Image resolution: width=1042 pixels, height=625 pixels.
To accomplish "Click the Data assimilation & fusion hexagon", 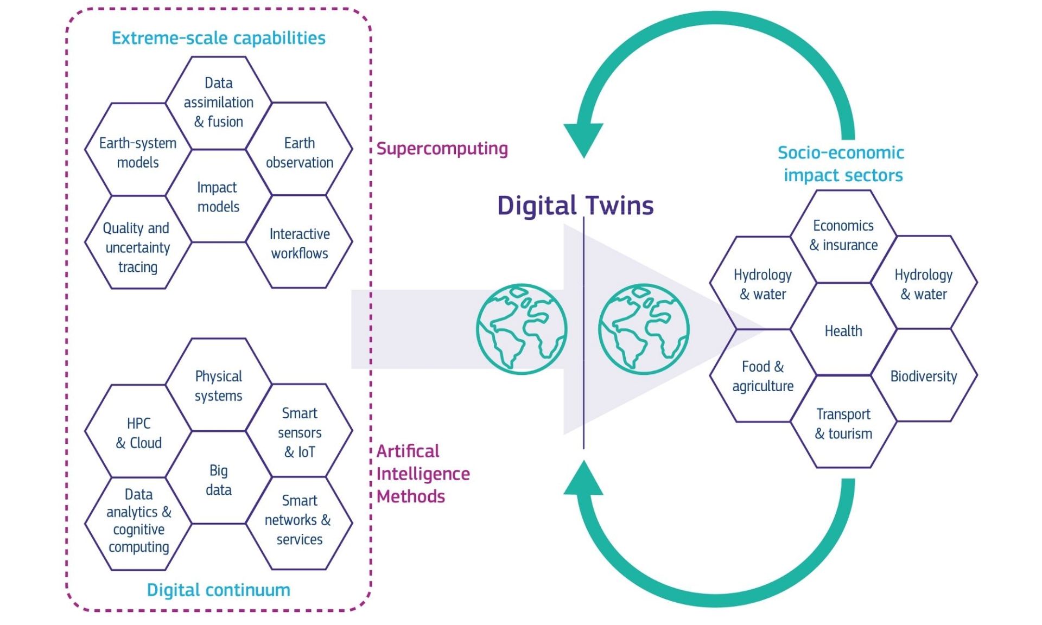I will [x=218, y=103].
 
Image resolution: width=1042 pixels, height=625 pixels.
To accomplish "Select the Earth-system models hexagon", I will [x=138, y=152].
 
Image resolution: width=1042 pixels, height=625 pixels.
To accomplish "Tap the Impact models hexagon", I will [x=218, y=196].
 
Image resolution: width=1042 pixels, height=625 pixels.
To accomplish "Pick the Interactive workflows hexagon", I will [x=299, y=243].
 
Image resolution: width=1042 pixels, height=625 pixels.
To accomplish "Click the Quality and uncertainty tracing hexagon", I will [x=138, y=247].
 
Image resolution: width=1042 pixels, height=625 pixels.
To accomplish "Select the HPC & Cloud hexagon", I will [x=138, y=432].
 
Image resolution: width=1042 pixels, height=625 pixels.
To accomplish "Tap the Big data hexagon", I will [x=218, y=479].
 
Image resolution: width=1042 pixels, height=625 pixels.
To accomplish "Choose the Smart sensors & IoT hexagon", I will [x=299, y=432].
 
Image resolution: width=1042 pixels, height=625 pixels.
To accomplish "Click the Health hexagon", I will [x=843, y=330].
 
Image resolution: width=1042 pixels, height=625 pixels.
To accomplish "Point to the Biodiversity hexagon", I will [x=923, y=375].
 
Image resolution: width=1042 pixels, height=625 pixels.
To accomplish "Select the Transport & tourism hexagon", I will [x=843, y=423].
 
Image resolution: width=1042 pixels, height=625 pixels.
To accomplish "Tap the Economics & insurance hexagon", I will [x=843, y=235].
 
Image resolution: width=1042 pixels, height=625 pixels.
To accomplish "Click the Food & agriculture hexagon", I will [x=763, y=375].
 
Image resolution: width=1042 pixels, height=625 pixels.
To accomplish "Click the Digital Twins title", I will [x=575, y=206].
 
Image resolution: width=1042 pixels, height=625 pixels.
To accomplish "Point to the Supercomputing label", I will [x=442, y=148].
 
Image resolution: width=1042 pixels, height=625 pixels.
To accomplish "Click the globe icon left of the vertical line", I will [x=522, y=329].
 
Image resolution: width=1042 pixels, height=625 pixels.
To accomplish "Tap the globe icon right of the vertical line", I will [x=644, y=329].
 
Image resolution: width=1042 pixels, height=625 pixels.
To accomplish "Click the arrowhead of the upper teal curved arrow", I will [x=583, y=138].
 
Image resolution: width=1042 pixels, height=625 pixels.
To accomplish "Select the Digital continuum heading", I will [x=218, y=589].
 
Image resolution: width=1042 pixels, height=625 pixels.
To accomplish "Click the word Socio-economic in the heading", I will [x=840, y=152].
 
